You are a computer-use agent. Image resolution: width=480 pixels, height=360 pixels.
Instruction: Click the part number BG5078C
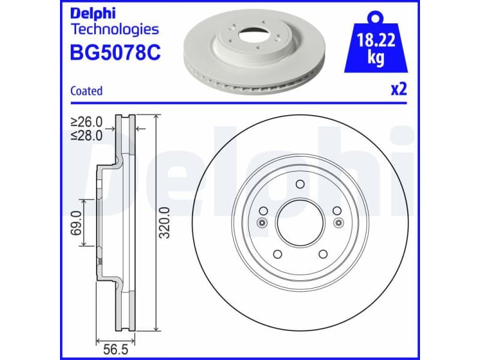(x=116, y=53)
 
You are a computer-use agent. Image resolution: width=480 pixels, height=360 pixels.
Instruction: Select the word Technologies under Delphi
(x=115, y=29)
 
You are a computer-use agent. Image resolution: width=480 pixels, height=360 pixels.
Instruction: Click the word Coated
(x=86, y=91)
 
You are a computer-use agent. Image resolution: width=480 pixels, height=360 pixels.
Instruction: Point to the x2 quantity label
(x=398, y=90)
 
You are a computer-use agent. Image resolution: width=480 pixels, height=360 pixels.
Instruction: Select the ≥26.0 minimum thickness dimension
(x=86, y=122)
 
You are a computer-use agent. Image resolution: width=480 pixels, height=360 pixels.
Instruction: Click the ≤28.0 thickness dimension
(x=86, y=136)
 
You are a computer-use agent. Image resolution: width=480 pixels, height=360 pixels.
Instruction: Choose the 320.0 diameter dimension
(x=165, y=222)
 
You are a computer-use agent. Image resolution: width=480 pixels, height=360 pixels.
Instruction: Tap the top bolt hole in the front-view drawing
(x=301, y=184)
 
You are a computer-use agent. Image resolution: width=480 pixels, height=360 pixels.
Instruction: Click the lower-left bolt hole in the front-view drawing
(x=278, y=254)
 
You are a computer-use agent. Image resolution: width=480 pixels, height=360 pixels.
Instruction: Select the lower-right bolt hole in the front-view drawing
(x=323, y=254)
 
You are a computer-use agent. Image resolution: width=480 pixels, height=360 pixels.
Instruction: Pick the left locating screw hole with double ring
(x=261, y=223)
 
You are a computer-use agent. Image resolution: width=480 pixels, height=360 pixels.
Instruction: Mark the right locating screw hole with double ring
(x=340, y=223)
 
